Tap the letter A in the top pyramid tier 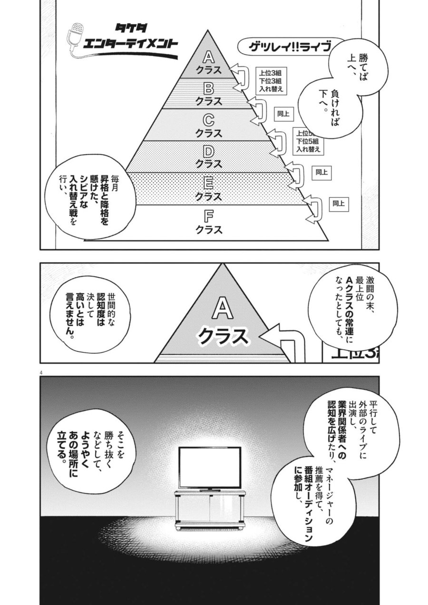(208, 58)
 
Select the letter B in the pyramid (208, 88)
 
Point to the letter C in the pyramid (208, 120)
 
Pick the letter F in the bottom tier (208, 216)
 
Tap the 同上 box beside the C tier (283, 114)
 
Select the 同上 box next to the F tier (339, 204)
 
